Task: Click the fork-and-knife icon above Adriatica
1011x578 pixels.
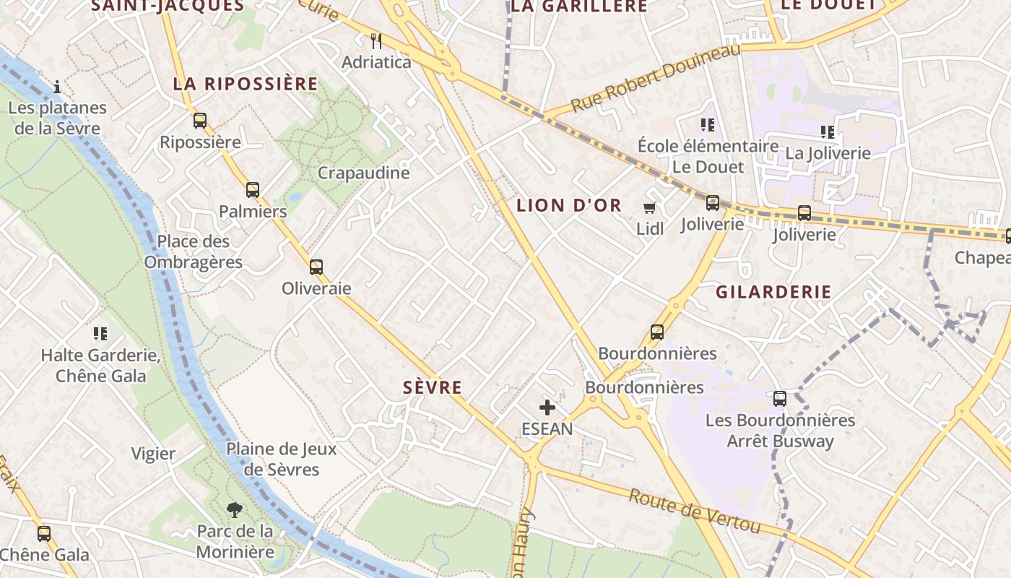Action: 376,40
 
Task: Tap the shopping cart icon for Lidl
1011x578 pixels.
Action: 649,208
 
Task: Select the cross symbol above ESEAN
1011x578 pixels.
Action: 547,407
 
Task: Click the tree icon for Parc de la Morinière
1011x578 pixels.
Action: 234,510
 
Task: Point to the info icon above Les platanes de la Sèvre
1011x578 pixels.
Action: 57,87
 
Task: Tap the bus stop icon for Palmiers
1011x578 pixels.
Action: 252,190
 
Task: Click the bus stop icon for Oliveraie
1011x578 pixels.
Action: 316,267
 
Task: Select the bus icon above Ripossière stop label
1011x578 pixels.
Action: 200,121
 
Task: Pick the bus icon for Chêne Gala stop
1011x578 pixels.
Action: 44,534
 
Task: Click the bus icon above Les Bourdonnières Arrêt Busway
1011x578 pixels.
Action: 779,398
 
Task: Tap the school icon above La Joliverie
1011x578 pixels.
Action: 828,132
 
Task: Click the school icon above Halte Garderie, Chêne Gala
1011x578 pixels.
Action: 100,334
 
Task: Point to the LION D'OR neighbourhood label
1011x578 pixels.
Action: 569,205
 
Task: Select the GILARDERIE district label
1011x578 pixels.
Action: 773,292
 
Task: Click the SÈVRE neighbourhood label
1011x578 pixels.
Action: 433,388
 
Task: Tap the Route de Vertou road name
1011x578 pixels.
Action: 693,512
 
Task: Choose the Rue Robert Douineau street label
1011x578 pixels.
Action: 656,77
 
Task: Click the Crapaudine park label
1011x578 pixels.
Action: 363,173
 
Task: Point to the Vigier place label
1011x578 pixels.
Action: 153,454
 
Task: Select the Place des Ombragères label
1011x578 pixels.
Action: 194,251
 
